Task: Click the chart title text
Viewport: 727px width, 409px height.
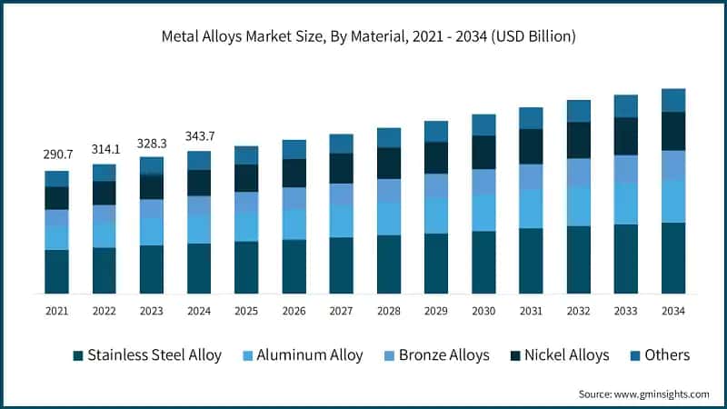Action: coord(363,36)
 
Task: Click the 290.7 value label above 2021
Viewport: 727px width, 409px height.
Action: coord(57,155)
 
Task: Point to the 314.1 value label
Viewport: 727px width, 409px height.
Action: coord(105,149)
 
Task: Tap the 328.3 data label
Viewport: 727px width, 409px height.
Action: coord(152,143)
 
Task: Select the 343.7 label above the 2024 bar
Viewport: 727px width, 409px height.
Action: coord(199,136)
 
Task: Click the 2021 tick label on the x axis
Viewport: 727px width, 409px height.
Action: coord(57,311)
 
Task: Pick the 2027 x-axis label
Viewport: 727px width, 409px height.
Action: coord(341,311)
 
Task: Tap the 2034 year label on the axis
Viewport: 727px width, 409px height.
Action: coord(672,311)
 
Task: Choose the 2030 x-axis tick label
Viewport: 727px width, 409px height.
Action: coord(483,311)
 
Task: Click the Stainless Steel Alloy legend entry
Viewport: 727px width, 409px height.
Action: coord(145,355)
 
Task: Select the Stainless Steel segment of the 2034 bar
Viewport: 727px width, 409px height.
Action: coord(672,258)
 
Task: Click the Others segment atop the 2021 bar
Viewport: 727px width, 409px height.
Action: coord(57,178)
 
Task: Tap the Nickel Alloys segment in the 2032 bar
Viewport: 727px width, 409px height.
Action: coord(578,140)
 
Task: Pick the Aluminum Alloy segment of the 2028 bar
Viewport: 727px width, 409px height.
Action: coord(388,218)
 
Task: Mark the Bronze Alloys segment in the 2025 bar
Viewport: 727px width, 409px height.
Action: coord(246,203)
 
